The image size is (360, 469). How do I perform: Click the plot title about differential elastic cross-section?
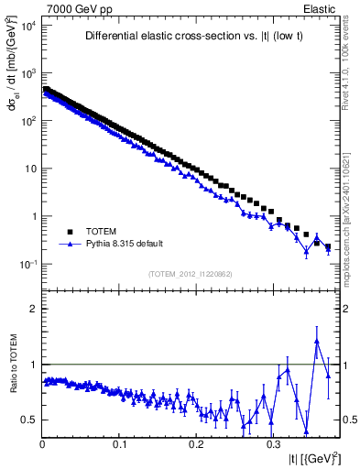(x=191, y=37)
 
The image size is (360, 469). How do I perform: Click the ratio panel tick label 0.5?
(x=27, y=420)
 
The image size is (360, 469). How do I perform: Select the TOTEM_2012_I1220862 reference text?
(x=191, y=273)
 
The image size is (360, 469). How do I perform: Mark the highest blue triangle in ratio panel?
(x=317, y=341)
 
